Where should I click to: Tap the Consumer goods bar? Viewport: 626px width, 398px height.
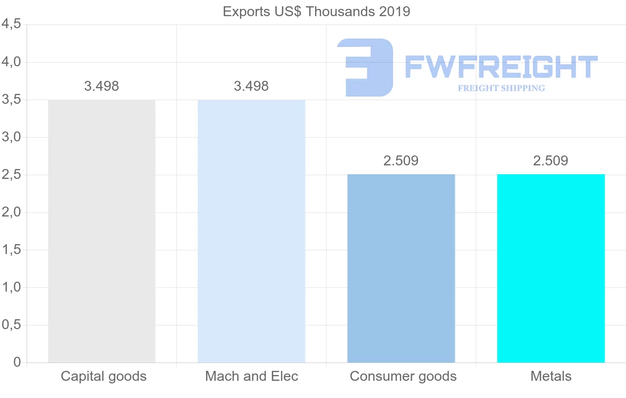click(401, 268)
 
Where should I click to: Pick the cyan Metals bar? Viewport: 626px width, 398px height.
click(551, 268)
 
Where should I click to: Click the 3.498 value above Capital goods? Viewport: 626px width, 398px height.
click(102, 86)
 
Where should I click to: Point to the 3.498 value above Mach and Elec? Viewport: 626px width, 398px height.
click(251, 86)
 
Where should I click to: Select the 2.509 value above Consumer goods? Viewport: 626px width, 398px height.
click(401, 161)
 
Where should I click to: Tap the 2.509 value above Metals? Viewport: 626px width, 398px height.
click(551, 161)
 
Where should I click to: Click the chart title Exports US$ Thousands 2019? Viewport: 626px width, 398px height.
click(317, 11)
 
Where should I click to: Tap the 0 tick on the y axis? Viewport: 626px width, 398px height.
click(17, 363)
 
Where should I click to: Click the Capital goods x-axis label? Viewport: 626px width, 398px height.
click(104, 376)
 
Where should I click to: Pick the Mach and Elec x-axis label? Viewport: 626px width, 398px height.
click(251, 376)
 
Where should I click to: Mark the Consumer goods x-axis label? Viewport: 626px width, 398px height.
click(403, 376)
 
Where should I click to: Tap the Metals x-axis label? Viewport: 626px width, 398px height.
click(551, 376)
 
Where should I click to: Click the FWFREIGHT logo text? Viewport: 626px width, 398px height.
click(501, 67)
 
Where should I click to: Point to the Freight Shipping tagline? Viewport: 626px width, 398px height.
click(501, 88)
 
